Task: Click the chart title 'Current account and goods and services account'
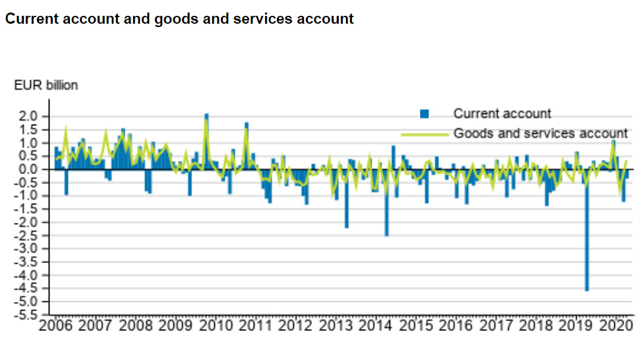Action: click(x=179, y=19)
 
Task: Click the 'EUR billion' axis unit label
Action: click(x=45, y=86)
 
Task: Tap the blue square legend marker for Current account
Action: click(x=424, y=114)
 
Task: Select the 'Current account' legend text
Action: click(x=502, y=114)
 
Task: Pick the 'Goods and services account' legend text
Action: click(x=540, y=133)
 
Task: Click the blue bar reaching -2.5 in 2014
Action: click(x=386, y=211)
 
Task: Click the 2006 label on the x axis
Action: click(x=57, y=326)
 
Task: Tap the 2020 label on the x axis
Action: click(x=616, y=326)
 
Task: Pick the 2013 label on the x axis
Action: click(x=337, y=326)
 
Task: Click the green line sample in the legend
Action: click(x=424, y=133)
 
